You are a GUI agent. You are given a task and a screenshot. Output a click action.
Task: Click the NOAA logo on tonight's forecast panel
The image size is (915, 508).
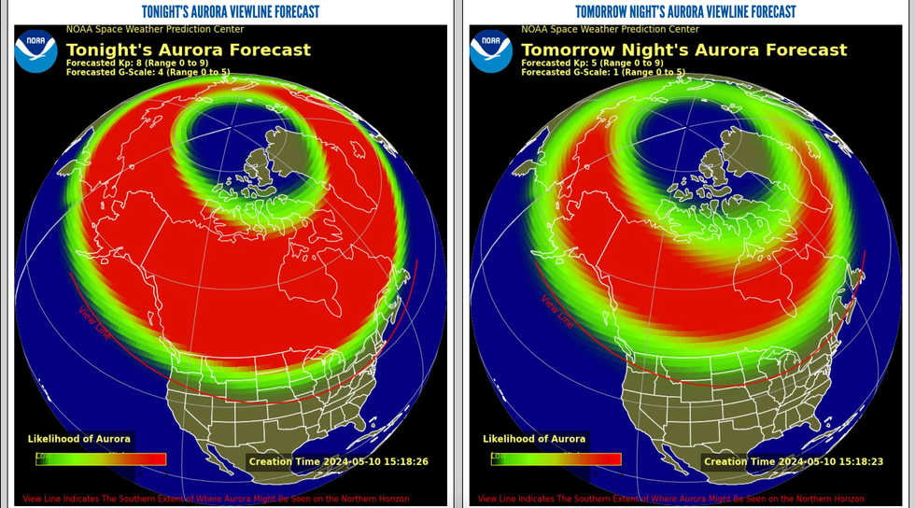point(35,50)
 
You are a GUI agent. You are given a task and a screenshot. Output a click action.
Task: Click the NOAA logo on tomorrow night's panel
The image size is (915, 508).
point(490,50)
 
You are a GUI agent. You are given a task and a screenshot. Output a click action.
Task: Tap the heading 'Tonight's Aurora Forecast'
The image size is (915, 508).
point(188,49)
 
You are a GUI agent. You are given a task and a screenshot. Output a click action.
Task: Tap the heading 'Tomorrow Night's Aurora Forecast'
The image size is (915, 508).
point(683,49)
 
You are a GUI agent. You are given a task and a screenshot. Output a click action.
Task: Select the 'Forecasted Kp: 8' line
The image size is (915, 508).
point(137,63)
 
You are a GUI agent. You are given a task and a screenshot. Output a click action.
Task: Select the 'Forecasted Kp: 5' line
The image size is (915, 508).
point(592,63)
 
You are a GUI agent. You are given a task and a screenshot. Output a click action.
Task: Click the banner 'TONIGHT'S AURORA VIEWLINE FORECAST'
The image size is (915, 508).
point(230,11)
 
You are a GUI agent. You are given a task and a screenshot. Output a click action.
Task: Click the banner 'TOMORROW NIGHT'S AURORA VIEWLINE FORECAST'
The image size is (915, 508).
point(685,11)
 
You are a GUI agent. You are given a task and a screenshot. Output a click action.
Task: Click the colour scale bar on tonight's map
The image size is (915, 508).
point(101,459)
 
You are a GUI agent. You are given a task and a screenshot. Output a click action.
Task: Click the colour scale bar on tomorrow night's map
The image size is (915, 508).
point(556,459)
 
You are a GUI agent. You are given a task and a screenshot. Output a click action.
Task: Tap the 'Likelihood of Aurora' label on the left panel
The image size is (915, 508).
point(79,439)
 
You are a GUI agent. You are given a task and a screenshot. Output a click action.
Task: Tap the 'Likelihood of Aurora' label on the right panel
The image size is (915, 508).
point(534,439)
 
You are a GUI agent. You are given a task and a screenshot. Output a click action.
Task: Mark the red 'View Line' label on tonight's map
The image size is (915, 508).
point(94,323)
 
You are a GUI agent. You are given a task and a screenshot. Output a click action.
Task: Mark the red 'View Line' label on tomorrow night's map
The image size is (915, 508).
point(556,311)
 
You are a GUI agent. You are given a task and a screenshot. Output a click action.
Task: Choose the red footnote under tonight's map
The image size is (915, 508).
point(216,499)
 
